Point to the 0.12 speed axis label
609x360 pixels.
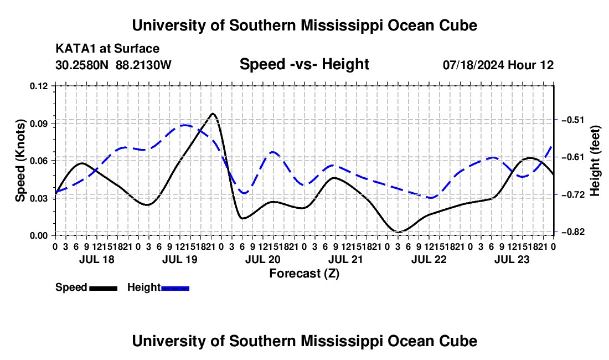[39, 86]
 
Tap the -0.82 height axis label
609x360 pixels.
[572, 232]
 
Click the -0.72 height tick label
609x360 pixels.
[572, 194]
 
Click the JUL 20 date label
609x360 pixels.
[262, 259]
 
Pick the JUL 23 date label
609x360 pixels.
[512, 259]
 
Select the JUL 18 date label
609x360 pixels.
[97, 259]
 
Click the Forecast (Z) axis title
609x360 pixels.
[304, 274]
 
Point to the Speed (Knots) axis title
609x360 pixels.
[20, 161]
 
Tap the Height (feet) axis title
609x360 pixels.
[595, 161]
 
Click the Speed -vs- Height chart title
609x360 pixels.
[304, 64]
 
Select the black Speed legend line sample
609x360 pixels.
[104, 289]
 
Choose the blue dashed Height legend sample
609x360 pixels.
[175, 289]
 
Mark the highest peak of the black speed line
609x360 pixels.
[213, 114]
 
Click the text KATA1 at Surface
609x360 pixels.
[107, 49]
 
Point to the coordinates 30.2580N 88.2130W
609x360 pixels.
[113, 65]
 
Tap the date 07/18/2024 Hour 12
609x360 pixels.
[498, 65]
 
